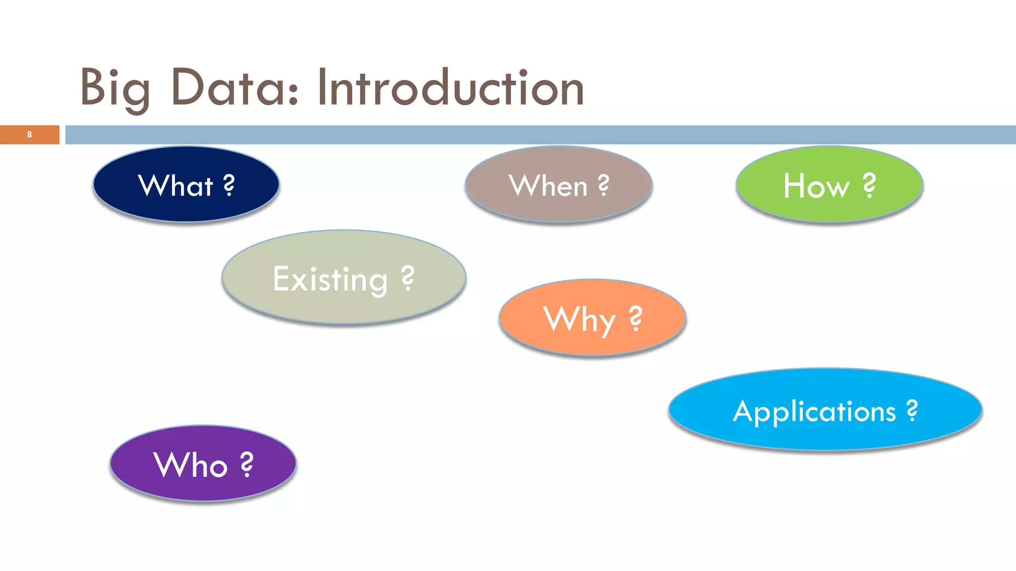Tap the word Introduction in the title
click(450, 88)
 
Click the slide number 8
click(29, 134)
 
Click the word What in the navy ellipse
click(176, 186)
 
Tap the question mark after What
click(229, 185)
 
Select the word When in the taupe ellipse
click(548, 186)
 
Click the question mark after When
click(603, 185)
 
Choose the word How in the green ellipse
click(817, 186)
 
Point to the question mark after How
click(869, 185)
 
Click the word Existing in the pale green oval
click(330, 280)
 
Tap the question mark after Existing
click(407, 278)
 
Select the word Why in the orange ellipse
click(579, 320)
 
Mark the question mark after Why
click(635, 318)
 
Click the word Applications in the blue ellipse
click(815, 412)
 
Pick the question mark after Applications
click(912, 410)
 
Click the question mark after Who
click(247, 464)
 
